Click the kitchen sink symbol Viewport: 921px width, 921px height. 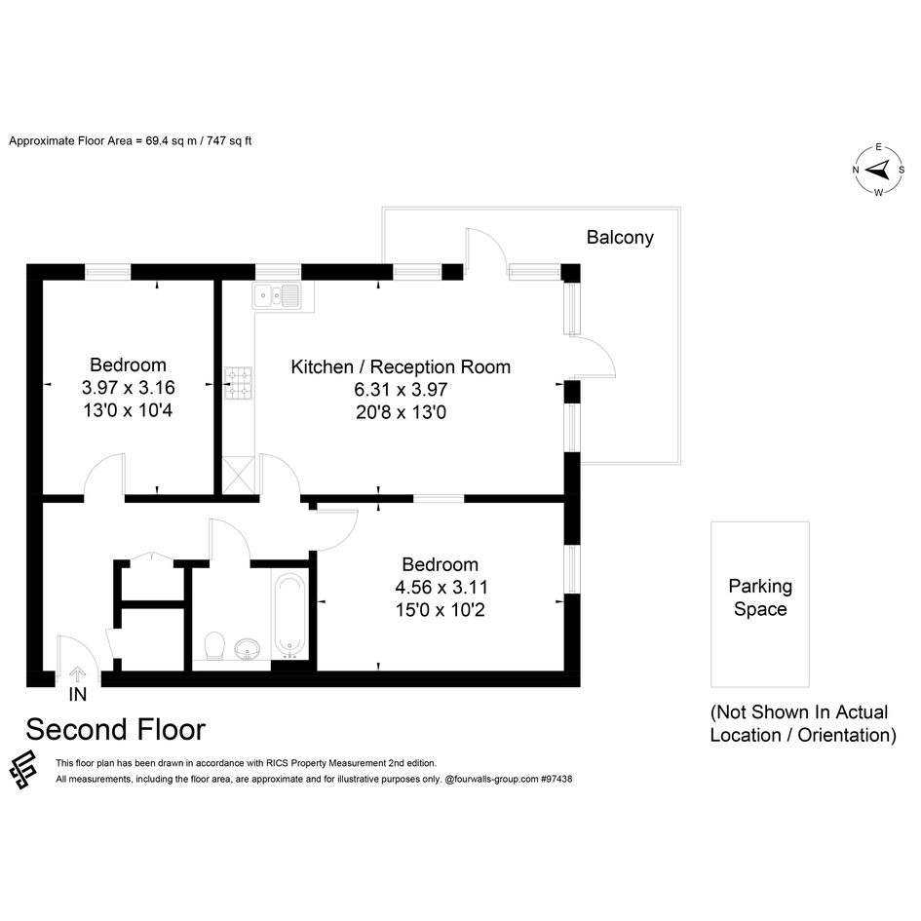click(x=277, y=295)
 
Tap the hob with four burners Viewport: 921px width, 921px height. click(x=239, y=384)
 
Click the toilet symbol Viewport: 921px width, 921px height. click(x=214, y=646)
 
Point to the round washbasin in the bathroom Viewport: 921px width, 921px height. click(x=249, y=650)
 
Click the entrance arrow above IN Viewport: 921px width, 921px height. click(x=78, y=674)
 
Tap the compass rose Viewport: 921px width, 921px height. click(x=879, y=171)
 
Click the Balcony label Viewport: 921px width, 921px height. click(x=620, y=237)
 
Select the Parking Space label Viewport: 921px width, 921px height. click(x=760, y=597)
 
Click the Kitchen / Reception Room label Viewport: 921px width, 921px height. click(x=401, y=367)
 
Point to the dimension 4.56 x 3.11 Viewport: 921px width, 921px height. click(x=441, y=587)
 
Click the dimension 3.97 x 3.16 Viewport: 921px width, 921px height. click(x=128, y=388)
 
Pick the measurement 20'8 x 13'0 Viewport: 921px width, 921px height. click(x=401, y=412)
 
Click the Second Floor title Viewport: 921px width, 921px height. click(x=116, y=730)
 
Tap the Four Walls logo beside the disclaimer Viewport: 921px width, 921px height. click(x=23, y=770)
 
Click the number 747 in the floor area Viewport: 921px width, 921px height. click(x=216, y=141)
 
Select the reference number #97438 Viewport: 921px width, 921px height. click(x=556, y=780)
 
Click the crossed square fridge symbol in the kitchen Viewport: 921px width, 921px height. click(x=239, y=476)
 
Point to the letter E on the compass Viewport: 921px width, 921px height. click(x=879, y=147)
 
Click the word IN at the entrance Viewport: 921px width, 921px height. click(x=78, y=694)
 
